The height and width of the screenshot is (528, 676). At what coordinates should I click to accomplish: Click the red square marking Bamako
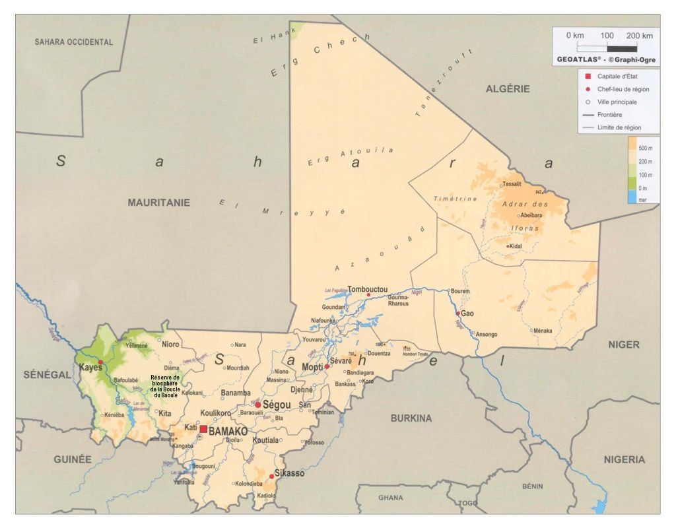point(203,430)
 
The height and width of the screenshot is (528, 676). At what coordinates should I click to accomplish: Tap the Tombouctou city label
point(367,289)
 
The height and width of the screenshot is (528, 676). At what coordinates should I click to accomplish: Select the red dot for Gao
point(457,313)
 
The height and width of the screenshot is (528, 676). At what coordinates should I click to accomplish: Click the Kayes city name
point(90,368)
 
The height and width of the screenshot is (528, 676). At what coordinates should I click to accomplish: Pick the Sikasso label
point(290,474)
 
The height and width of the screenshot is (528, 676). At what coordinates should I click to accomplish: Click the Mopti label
point(312,367)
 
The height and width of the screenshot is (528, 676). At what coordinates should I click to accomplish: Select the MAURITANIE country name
point(158,203)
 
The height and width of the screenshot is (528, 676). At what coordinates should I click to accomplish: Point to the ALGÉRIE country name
point(508,89)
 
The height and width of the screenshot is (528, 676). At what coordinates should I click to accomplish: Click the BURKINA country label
point(411,418)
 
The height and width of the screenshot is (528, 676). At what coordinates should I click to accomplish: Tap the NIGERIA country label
point(624,459)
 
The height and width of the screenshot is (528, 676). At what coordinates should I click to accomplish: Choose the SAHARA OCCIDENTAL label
point(74,42)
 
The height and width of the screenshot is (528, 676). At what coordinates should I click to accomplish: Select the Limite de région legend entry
point(619,127)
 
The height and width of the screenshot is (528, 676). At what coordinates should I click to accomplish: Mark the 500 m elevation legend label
point(646,149)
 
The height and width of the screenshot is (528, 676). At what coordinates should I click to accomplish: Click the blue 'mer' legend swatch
point(632,199)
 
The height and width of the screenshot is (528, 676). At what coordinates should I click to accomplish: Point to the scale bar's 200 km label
point(639,36)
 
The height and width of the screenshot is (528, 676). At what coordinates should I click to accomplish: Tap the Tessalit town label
point(512,184)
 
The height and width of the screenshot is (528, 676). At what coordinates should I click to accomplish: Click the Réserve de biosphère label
point(165,386)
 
